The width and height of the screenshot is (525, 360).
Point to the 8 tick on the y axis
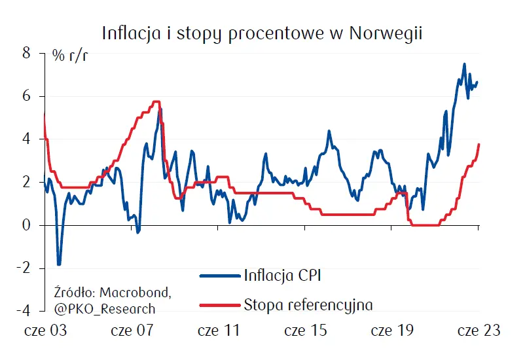tap(27, 53)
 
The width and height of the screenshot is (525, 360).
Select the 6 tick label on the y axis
tap(27, 96)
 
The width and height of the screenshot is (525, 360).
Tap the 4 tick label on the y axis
tap(27, 139)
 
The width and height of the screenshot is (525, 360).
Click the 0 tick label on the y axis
tap(27, 225)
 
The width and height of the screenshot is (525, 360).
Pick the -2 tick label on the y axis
tap(24, 268)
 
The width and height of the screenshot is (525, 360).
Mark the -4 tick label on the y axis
tap(24, 310)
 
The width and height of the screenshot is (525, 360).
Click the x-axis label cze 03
tap(45, 331)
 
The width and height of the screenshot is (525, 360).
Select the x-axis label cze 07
tap(132, 331)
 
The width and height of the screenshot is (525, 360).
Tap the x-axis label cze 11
tap(219, 331)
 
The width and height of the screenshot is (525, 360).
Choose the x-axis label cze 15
tap(305, 331)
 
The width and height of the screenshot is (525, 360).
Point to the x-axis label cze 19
tap(391, 331)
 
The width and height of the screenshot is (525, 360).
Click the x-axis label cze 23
tap(479, 331)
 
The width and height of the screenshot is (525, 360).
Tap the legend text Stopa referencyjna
tap(308, 304)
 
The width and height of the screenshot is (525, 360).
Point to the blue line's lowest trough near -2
tap(59, 264)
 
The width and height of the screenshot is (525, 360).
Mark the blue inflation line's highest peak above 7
tap(464, 64)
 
